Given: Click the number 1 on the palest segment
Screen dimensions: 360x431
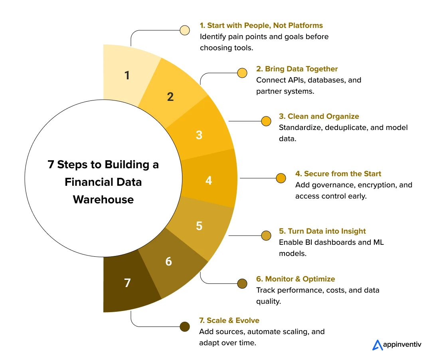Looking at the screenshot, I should tap(127, 75).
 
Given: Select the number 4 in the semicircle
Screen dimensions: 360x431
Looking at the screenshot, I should tap(208, 181).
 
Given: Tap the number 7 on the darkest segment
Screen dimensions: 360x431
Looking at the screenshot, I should tap(127, 283).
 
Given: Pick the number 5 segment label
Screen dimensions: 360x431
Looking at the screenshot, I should tap(199, 226).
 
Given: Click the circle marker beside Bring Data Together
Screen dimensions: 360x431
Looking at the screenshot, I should tap(242, 73).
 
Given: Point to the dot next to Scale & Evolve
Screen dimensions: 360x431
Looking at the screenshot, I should tap(184, 327).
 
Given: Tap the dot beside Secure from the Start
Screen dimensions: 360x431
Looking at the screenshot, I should tap(281, 178).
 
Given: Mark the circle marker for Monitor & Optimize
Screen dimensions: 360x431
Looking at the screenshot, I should tap(242, 283).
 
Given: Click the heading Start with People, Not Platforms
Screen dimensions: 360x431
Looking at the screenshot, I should tap(261, 26).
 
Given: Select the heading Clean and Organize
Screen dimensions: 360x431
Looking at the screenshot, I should tap(319, 116).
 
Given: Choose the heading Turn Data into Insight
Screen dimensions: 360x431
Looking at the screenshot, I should tap(322, 231).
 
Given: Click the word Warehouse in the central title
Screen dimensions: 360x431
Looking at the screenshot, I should tap(103, 199).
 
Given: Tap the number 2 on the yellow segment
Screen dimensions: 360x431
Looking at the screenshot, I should tap(170, 96).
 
